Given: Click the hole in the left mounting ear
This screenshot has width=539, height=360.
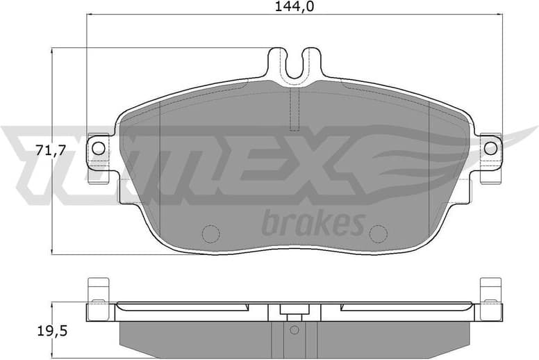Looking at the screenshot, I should click(x=98, y=147).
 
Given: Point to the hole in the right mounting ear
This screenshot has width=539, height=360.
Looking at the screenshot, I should click(x=490, y=147).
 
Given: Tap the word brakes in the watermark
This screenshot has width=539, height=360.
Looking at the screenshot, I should click(x=313, y=223).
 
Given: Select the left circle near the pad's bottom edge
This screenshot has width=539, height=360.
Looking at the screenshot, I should click(x=209, y=234).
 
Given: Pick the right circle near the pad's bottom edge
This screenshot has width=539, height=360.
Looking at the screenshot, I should click(x=379, y=234).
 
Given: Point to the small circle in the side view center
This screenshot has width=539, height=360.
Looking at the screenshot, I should click(x=294, y=329).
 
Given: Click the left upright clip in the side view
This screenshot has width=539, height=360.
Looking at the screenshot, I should click(x=98, y=290).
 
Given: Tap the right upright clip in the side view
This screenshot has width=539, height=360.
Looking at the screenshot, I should click(x=490, y=290).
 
